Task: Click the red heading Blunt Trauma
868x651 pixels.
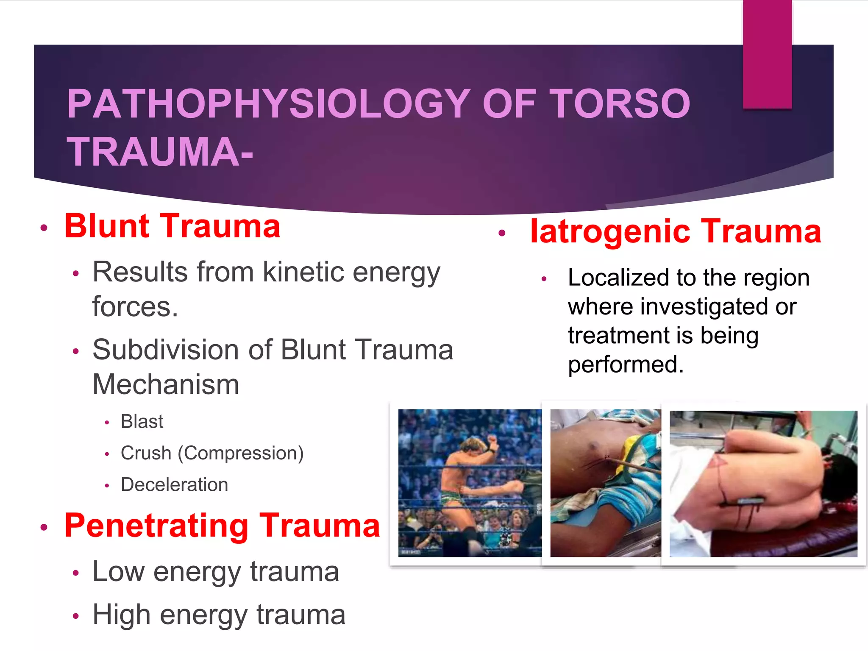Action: coord(172,226)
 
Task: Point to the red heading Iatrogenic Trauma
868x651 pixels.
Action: coord(676,231)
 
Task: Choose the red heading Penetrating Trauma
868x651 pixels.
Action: coord(222,526)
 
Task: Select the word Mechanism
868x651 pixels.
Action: coord(166,385)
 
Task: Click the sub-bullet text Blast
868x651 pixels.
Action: coord(142,422)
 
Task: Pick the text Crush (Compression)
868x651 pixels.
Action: coord(212,453)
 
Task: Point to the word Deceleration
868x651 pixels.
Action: coord(174,485)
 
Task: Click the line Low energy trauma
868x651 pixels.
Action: coord(215,572)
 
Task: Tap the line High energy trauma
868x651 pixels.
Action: coord(219,615)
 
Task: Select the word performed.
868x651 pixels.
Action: coord(625,364)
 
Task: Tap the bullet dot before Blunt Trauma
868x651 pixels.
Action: coord(44,228)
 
